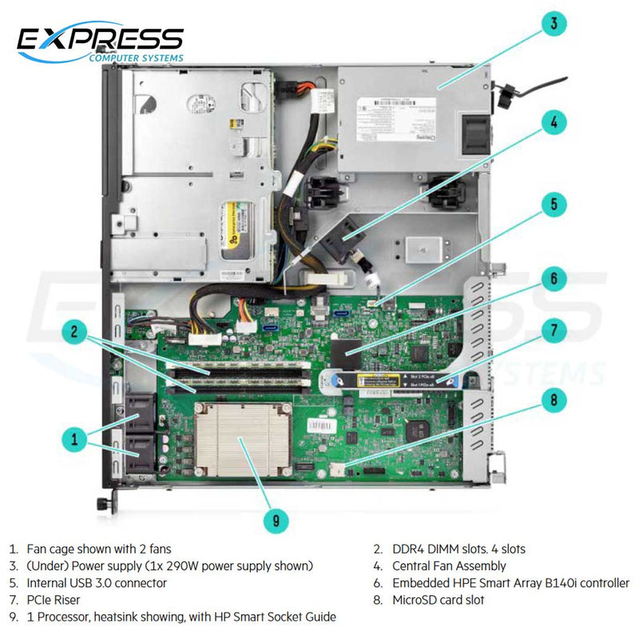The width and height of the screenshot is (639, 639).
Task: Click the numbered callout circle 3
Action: (553, 23)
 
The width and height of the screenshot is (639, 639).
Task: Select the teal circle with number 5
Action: (553, 203)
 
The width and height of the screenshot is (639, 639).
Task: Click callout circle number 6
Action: (553, 280)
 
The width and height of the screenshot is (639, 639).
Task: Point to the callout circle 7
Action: (553, 329)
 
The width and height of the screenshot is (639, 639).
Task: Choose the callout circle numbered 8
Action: (553, 399)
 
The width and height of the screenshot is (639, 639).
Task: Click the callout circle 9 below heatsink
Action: (276, 521)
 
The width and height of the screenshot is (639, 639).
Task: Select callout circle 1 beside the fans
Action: (73, 438)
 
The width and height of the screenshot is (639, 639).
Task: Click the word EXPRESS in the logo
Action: (101, 39)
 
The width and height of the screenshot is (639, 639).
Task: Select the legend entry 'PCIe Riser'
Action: (54, 599)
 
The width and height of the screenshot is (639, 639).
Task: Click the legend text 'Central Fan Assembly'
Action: (449, 566)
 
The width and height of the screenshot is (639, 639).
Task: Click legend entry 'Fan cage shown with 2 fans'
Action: (99, 549)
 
